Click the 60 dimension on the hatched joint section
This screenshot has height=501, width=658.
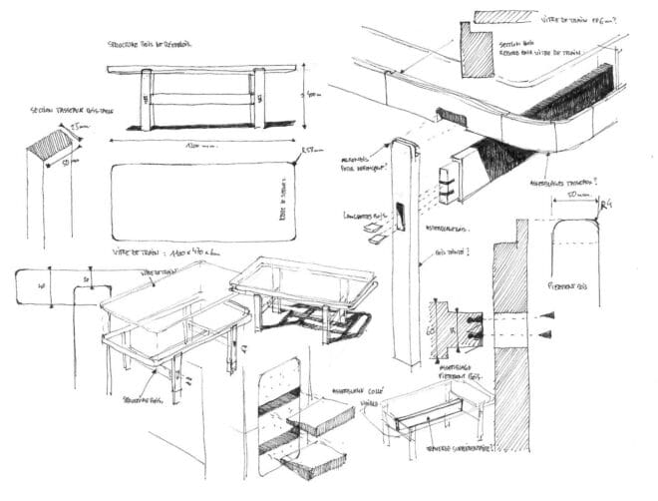[x=432, y=326]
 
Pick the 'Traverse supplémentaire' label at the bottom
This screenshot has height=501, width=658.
[x=453, y=452]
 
